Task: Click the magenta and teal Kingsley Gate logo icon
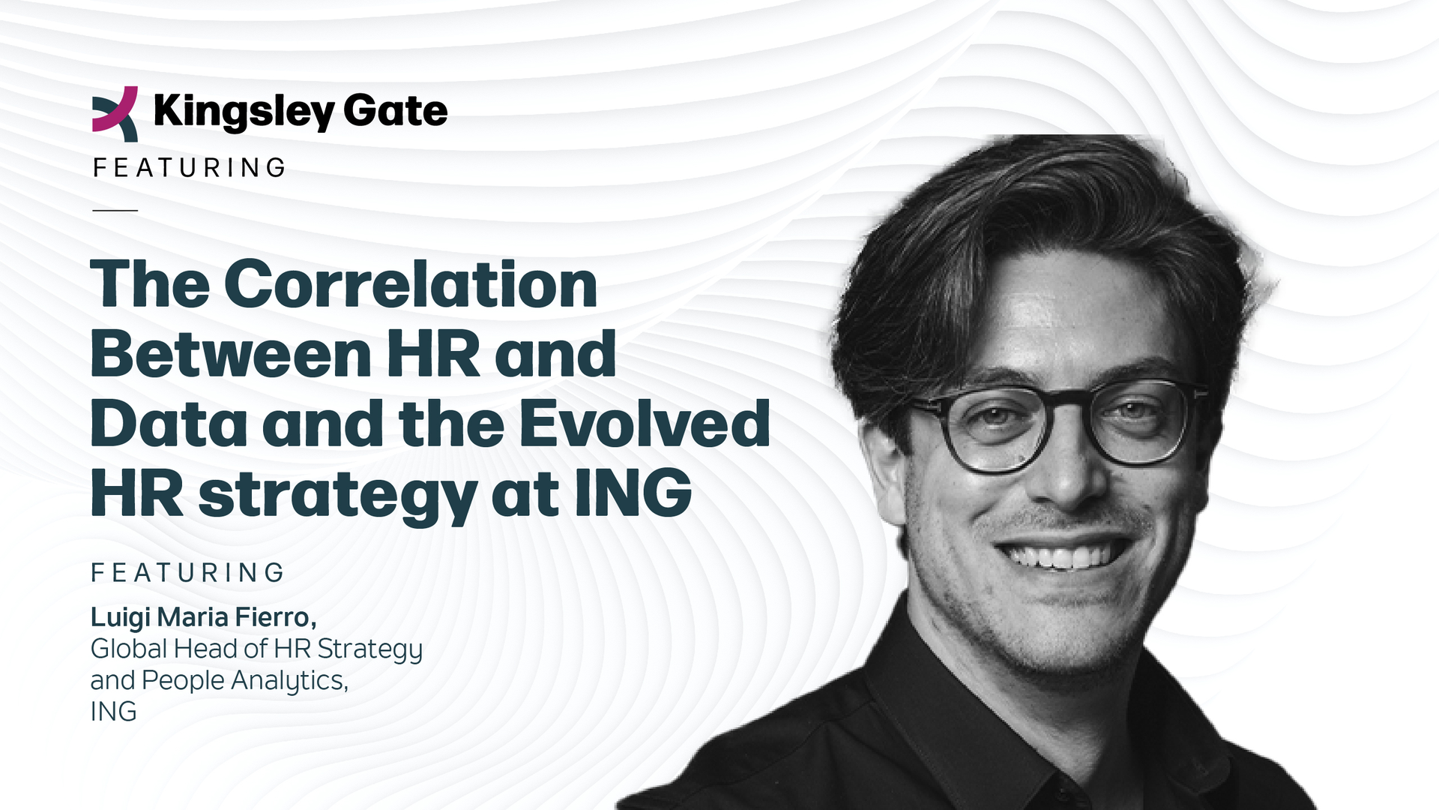(x=115, y=113)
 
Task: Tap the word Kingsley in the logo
(x=244, y=112)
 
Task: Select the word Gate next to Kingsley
(x=395, y=110)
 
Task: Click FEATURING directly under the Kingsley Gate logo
(x=189, y=168)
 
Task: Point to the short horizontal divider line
(x=115, y=211)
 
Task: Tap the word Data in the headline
(x=169, y=424)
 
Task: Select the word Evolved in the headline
(x=645, y=424)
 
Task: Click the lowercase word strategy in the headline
(x=337, y=495)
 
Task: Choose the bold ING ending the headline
(x=633, y=493)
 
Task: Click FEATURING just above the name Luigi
(x=187, y=573)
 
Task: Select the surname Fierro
(x=275, y=617)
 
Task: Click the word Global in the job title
(x=129, y=649)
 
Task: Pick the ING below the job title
(x=113, y=712)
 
